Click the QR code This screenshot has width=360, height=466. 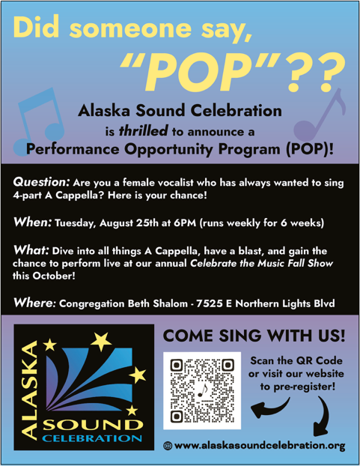pos(202,390)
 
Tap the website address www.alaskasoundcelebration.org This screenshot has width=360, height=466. pos(260,446)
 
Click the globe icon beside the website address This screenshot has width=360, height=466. pos(168,446)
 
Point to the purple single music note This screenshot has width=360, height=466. pos(319,116)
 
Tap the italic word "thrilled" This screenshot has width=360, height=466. pos(144,131)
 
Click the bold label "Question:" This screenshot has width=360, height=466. pos(41,182)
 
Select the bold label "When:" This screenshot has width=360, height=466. pos(33,222)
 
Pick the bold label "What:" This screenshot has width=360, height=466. pos(31,250)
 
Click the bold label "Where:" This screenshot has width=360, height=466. pos(34,303)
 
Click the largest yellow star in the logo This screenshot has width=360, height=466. pos(101,341)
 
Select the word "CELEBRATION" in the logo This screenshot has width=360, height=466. pos(92,438)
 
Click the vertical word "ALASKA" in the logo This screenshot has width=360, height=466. pos(29,390)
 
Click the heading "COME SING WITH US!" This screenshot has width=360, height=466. pos(254,336)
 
